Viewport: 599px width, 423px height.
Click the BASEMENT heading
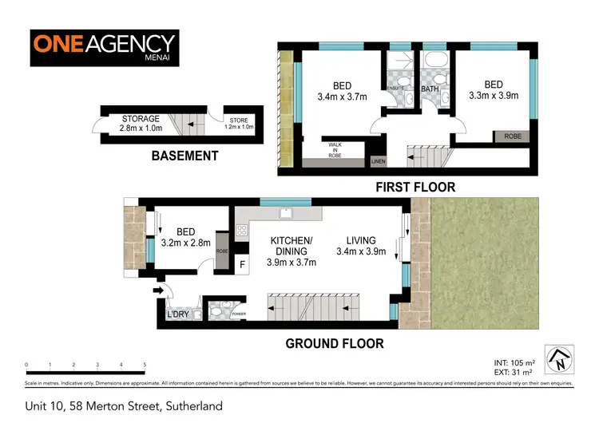[x=184, y=156]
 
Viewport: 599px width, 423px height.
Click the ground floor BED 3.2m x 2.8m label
[x=185, y=237]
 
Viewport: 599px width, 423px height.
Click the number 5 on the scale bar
[x=145, y=365]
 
